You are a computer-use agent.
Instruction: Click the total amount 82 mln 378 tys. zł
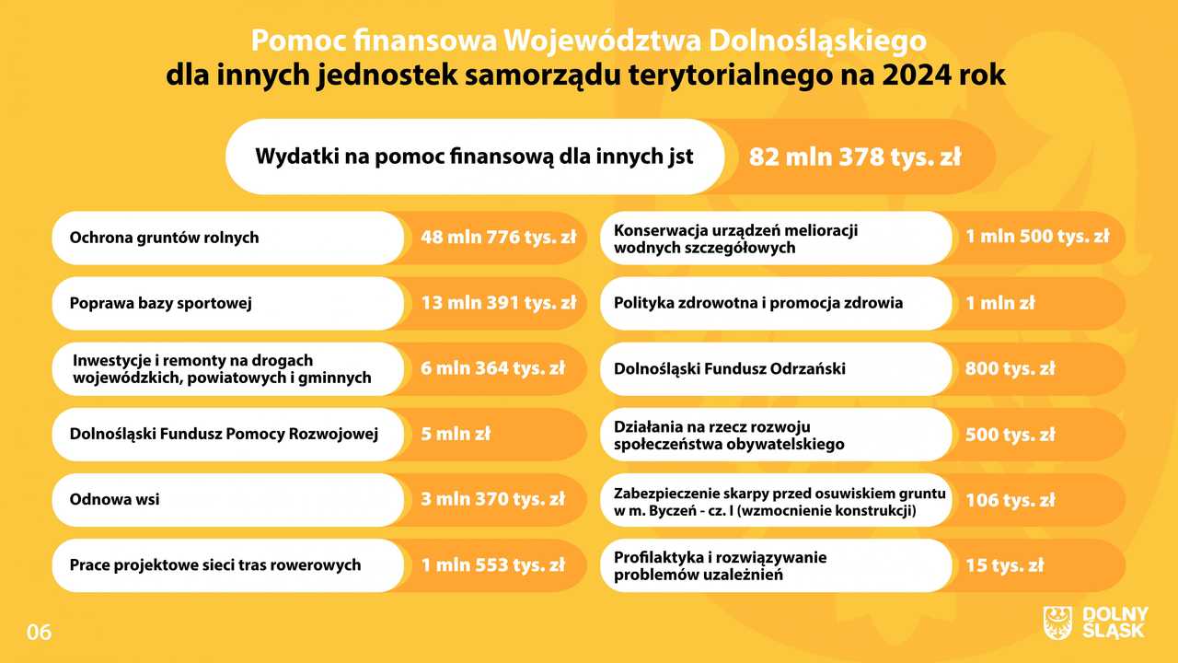pyautogui.click(x=855, y=157)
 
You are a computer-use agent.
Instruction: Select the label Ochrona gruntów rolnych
pyautogui.click(x=164, y=238)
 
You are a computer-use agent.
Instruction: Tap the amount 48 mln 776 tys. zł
pyautogui.click(x=499, y=238)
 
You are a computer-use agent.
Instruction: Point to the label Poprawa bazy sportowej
pyautogui.click(x=161, y=304)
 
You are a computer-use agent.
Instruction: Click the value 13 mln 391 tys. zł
pyautogui.click(x=499, y=303)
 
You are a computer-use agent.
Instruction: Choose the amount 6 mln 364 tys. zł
pyautogui.click(x=492, y=368)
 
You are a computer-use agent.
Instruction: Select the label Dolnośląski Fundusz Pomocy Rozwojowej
pyautogui.click(x=224, y=434)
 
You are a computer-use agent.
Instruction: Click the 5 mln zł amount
pyautogui.click(x=456, y=434)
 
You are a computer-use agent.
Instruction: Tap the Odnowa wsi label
pyautogui.click(x=115, y=499)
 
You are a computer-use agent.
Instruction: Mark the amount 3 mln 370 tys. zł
pyautogui.click(x=492, y=499)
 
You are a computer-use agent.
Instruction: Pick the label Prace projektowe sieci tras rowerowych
pyautogui.click(x=215, y=565)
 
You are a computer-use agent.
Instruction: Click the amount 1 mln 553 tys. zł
pyautogui.click(x=492, y=565)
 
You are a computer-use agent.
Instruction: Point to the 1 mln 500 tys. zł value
pyautogui.click(x=1037, y=237)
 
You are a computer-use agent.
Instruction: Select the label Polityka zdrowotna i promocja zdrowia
pyautogui.click(x=758, y=303)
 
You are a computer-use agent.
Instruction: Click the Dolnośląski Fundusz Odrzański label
pyautogui.click(x=730, y=369)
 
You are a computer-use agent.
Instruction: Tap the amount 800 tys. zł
pyautogui.click(x=1010, y=369)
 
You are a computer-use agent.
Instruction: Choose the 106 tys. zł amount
pyautogui.click(x=1011, y=500)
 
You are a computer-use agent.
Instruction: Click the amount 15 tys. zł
pyautogui.click(x=1004, y=565)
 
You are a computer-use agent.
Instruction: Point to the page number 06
pyautogui.click(x=39, y=633)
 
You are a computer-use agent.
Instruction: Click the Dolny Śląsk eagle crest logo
pyautogui.click(x=1057, y=623)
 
